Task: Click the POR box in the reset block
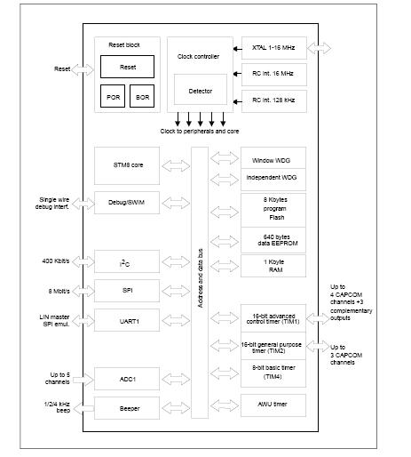(113, 96)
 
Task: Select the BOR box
(142, 96)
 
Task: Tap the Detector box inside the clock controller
(201, 90)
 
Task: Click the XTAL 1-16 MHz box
(274, 48)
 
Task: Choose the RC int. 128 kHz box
(274, 101)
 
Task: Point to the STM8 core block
(127, 165)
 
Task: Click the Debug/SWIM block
(127, 203)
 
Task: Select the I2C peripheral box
(127, 261)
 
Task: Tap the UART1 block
(127, 320)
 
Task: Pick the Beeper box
(127, 408)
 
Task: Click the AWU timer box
(273, 405)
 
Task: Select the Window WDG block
(273, 158)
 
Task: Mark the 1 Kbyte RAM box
(273, 266)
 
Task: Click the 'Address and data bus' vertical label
(200, 278)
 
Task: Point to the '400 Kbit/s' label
(56, 261)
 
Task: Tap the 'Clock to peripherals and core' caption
(200, 132)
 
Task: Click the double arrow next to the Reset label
(83, 70)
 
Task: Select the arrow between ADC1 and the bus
(176, 379)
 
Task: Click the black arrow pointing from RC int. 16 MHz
(237, 74)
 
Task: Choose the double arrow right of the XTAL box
(319, 48)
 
